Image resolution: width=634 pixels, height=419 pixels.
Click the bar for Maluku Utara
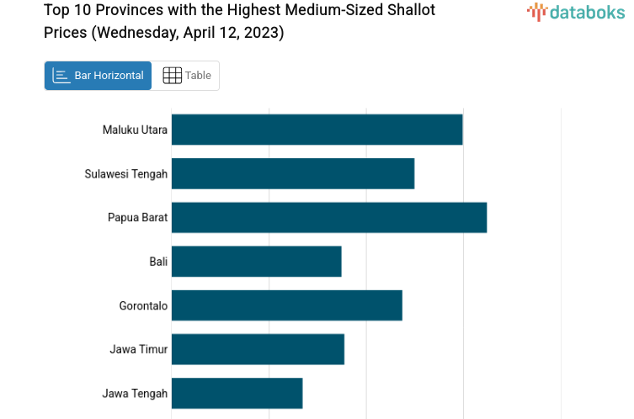coord(317,130)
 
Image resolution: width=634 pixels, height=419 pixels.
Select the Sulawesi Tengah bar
coord(292,173)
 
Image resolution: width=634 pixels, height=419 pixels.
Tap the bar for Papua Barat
coord(328,217)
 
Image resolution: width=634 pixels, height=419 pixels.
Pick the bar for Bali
coord(256,262)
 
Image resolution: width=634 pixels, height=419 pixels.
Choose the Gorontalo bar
coord(286,305)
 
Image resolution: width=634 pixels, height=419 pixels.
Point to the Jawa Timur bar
coord(258,349)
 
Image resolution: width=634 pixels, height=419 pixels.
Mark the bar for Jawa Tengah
coord(237,393)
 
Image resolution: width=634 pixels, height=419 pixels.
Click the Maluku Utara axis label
coord(135,130)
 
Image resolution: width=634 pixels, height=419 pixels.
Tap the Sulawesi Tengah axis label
coord(126,174)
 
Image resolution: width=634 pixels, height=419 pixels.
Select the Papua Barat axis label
coord(137,218)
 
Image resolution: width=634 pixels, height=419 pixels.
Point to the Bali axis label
coord(158,262)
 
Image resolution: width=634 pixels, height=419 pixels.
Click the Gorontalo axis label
coord(143,305)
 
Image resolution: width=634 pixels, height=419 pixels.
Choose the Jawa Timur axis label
coord(138,349)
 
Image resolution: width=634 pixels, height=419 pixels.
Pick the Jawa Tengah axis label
coord(135,393)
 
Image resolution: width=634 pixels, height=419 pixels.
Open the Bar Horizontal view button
coord(99,76)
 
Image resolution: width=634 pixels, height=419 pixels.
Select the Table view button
coord(186,76)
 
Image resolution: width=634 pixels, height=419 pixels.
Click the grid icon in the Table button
coord(172,76)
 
